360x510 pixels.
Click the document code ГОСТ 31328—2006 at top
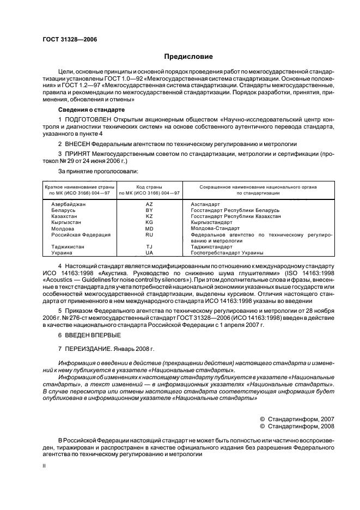[x=66, y=39]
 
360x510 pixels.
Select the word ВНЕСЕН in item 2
[x=77, y=144]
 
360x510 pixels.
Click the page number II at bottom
[x=45, y=466]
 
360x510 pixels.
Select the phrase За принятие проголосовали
[x=95, y=171]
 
